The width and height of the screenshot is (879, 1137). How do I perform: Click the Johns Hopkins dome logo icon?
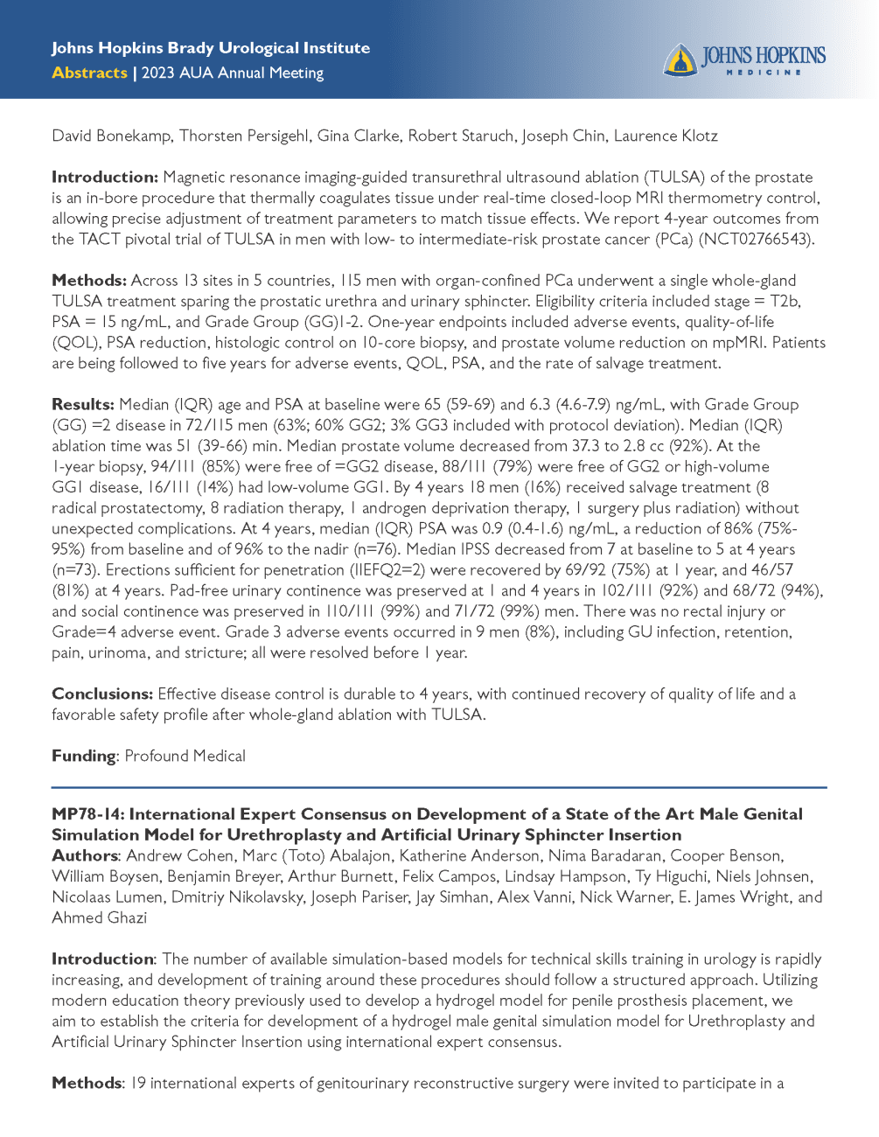(680, 60)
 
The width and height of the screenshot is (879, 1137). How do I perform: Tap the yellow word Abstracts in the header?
(89, 73)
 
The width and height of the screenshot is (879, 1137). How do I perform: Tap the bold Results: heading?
(83, 404)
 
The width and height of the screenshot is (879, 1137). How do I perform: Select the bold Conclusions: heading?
(102, 694)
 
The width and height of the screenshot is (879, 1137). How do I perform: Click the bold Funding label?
(84, 756)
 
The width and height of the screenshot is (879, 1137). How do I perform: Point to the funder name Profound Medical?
(185, 756)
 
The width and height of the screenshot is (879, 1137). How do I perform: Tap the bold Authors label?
(85, 855)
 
